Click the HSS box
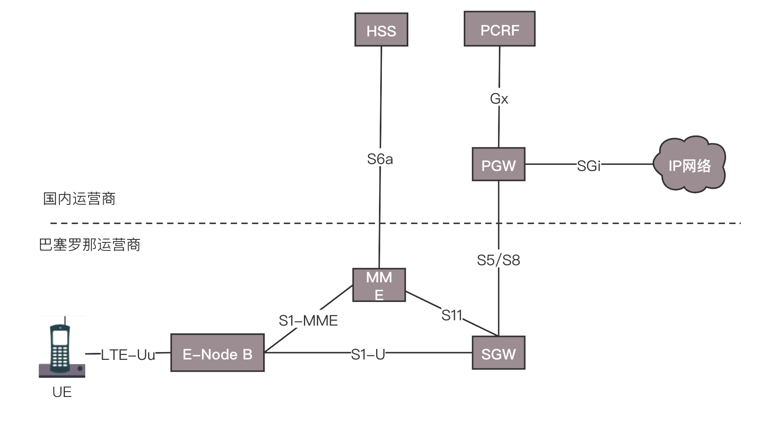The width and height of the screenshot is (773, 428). coord(381,30)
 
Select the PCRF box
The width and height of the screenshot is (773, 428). coord(499,29)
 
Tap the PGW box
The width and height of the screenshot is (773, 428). coord(498,164)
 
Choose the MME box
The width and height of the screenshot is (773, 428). coord(379,285)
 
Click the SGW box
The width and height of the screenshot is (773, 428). coord(498,353)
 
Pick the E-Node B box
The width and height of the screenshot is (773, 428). coord(217,353)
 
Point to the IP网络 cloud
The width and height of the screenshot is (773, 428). coord(689,165)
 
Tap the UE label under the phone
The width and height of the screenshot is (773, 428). coord(62,392)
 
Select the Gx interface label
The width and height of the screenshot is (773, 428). coord(499,98)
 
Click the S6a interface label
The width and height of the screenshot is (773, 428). coord(380,159)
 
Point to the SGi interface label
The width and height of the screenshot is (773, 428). coord(589,166)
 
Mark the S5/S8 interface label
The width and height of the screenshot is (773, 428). coord(498,260)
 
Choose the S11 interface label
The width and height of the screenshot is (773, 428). coord(452,315)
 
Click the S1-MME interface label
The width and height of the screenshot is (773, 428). coord(308,321)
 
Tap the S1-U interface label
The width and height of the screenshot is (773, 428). coord(368,355)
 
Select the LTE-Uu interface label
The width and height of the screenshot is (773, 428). coord(128,355)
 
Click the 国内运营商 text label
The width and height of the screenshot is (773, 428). coord(80,199)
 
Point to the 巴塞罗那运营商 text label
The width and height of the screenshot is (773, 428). coord(90,245)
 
